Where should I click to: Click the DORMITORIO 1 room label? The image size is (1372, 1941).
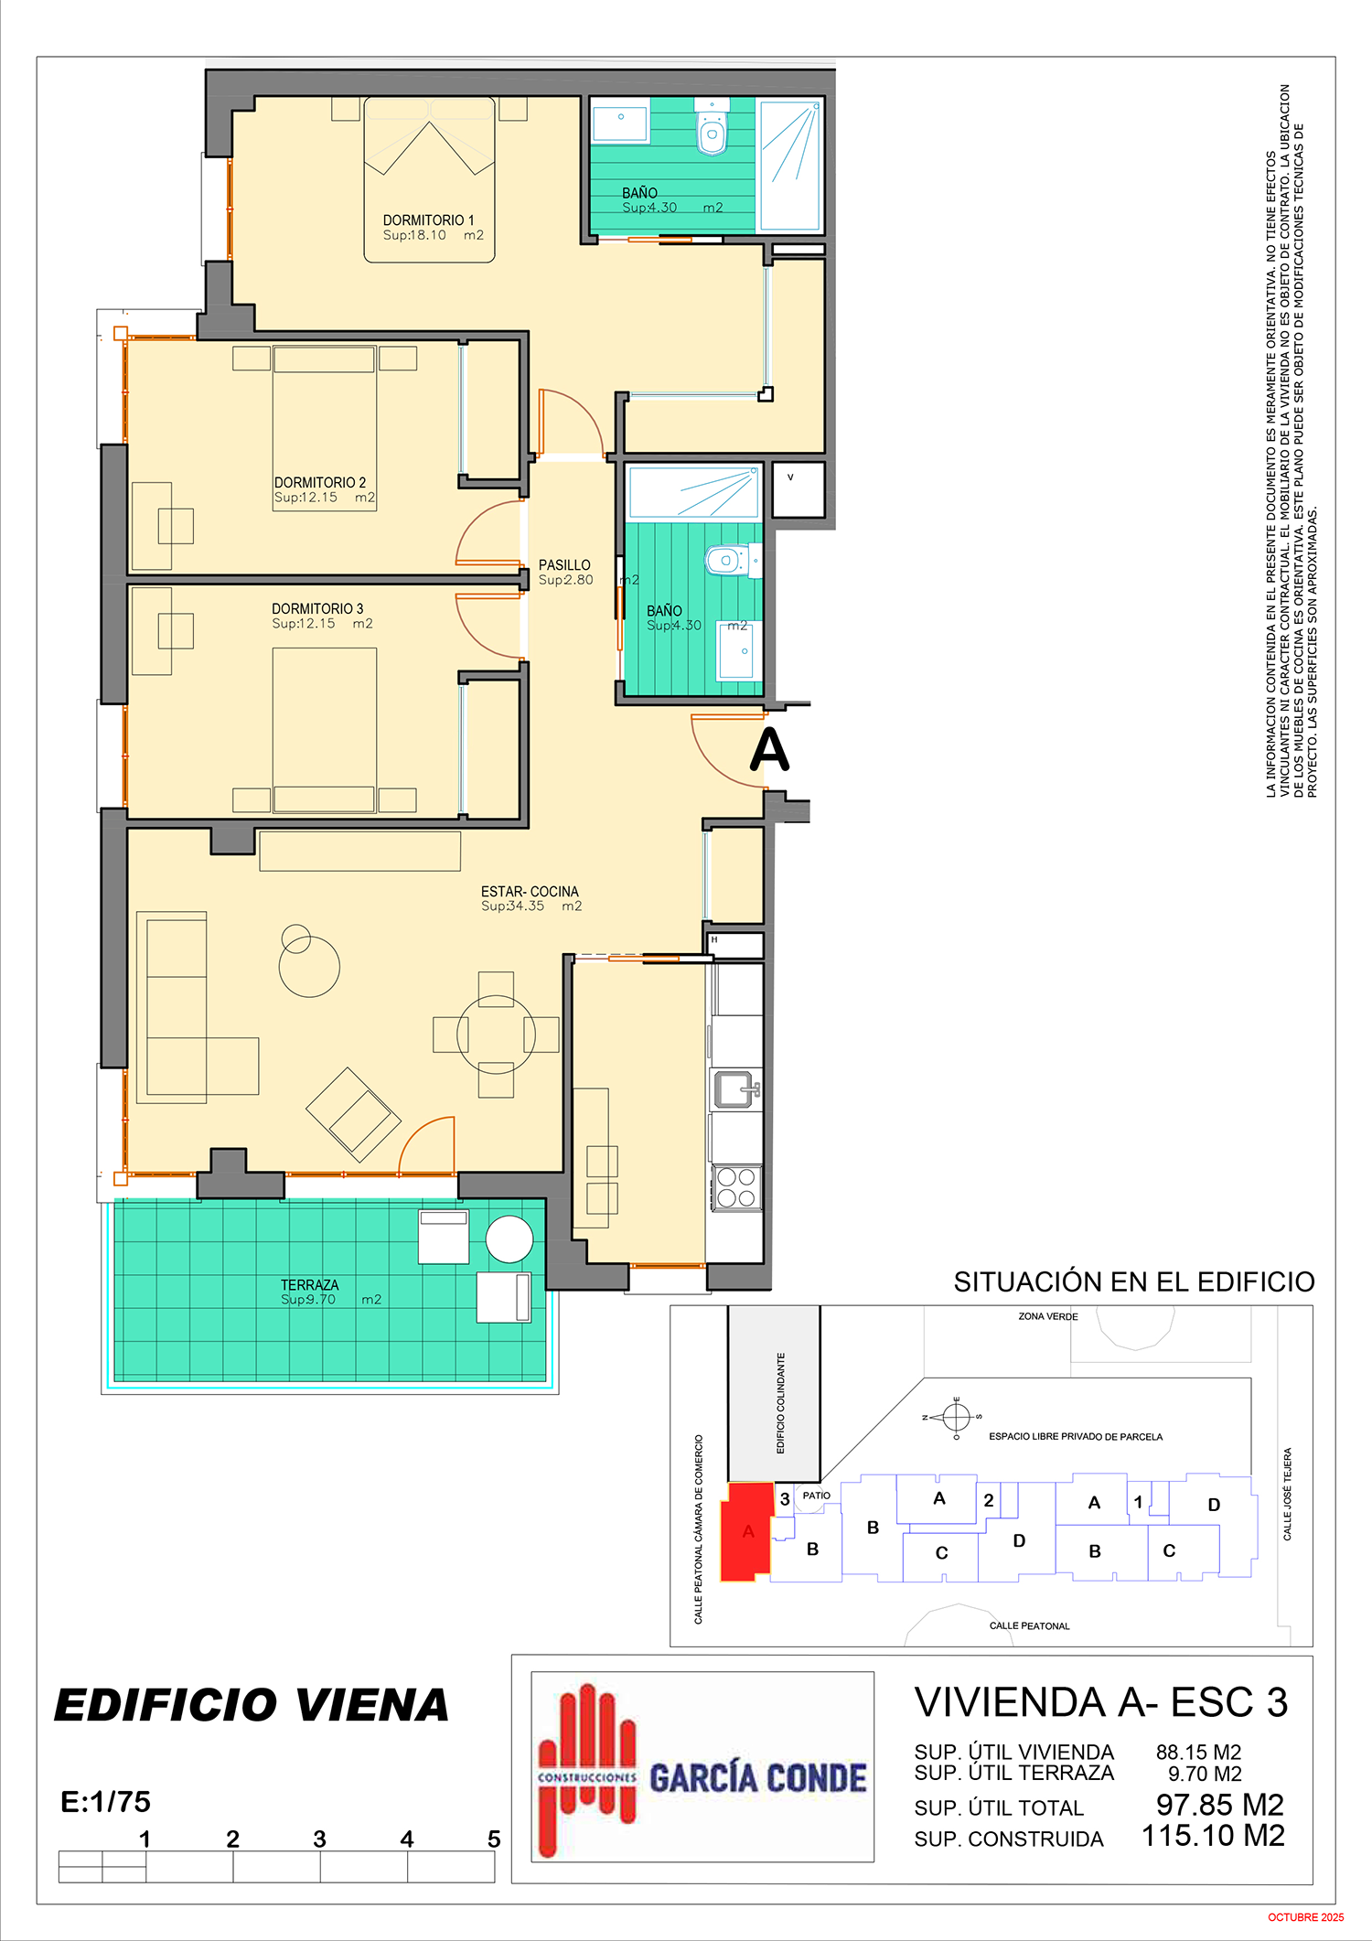pyautogui.click(x=428, y=220)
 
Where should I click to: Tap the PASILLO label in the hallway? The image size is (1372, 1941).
pyautogui.click(x=564, y=565)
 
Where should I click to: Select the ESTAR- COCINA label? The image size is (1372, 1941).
pyautogui.click(x=530, y=892)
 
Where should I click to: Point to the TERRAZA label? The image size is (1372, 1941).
pyautogui.click(x=310, y=1285)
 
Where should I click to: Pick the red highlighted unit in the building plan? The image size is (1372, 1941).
pyautogui.click(x=747, y=1532)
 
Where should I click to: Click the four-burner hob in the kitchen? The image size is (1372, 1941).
pyautogui.click(x=736, y=1187)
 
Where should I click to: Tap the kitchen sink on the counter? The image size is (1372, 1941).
pyautogui.click(x=734, y=1088)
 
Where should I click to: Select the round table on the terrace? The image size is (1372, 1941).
pyautogui.click(x=509, y=1240)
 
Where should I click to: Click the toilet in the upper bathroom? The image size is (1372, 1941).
pyautogui.click(x=713, y=133)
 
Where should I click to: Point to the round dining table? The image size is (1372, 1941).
pyautogui.click(x=496, y=1035)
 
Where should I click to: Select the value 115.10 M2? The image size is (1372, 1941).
pyautogui.click(x=1213, y=1836)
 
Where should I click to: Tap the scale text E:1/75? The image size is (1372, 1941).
pyautogui.click(x=105, y=1802)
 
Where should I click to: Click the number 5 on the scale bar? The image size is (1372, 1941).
pyautogui.click(x=494, y=1839)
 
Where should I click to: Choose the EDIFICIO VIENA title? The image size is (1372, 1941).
pyautogui.click(x=252, y=1706)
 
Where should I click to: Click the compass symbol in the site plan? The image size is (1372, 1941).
pyautogui.click(x=956, y=1417)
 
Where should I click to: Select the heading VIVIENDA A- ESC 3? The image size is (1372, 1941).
pyautogui.click(x=1101, y=1702)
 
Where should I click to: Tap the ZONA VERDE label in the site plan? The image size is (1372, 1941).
pyautogui.click(x=1048, y=1316)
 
